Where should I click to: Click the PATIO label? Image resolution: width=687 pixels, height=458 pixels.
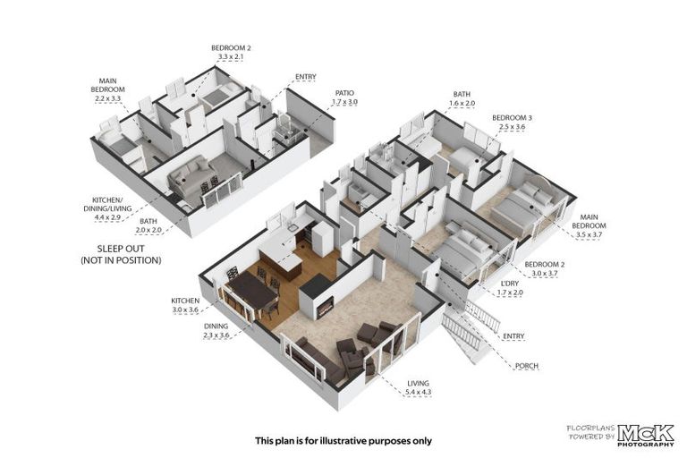pyautogui.click(x=344, y=92)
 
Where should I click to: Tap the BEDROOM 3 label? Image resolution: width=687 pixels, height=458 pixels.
pyautogui.click(x=513, y=117)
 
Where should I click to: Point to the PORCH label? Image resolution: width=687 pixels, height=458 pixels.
pyautogui.click(x=526, y=366)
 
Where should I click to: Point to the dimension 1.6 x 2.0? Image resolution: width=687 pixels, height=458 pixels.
pyautogui.click(x=462, y=103)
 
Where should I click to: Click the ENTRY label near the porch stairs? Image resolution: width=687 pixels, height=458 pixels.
pyautogui.click(x=514, y=336)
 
